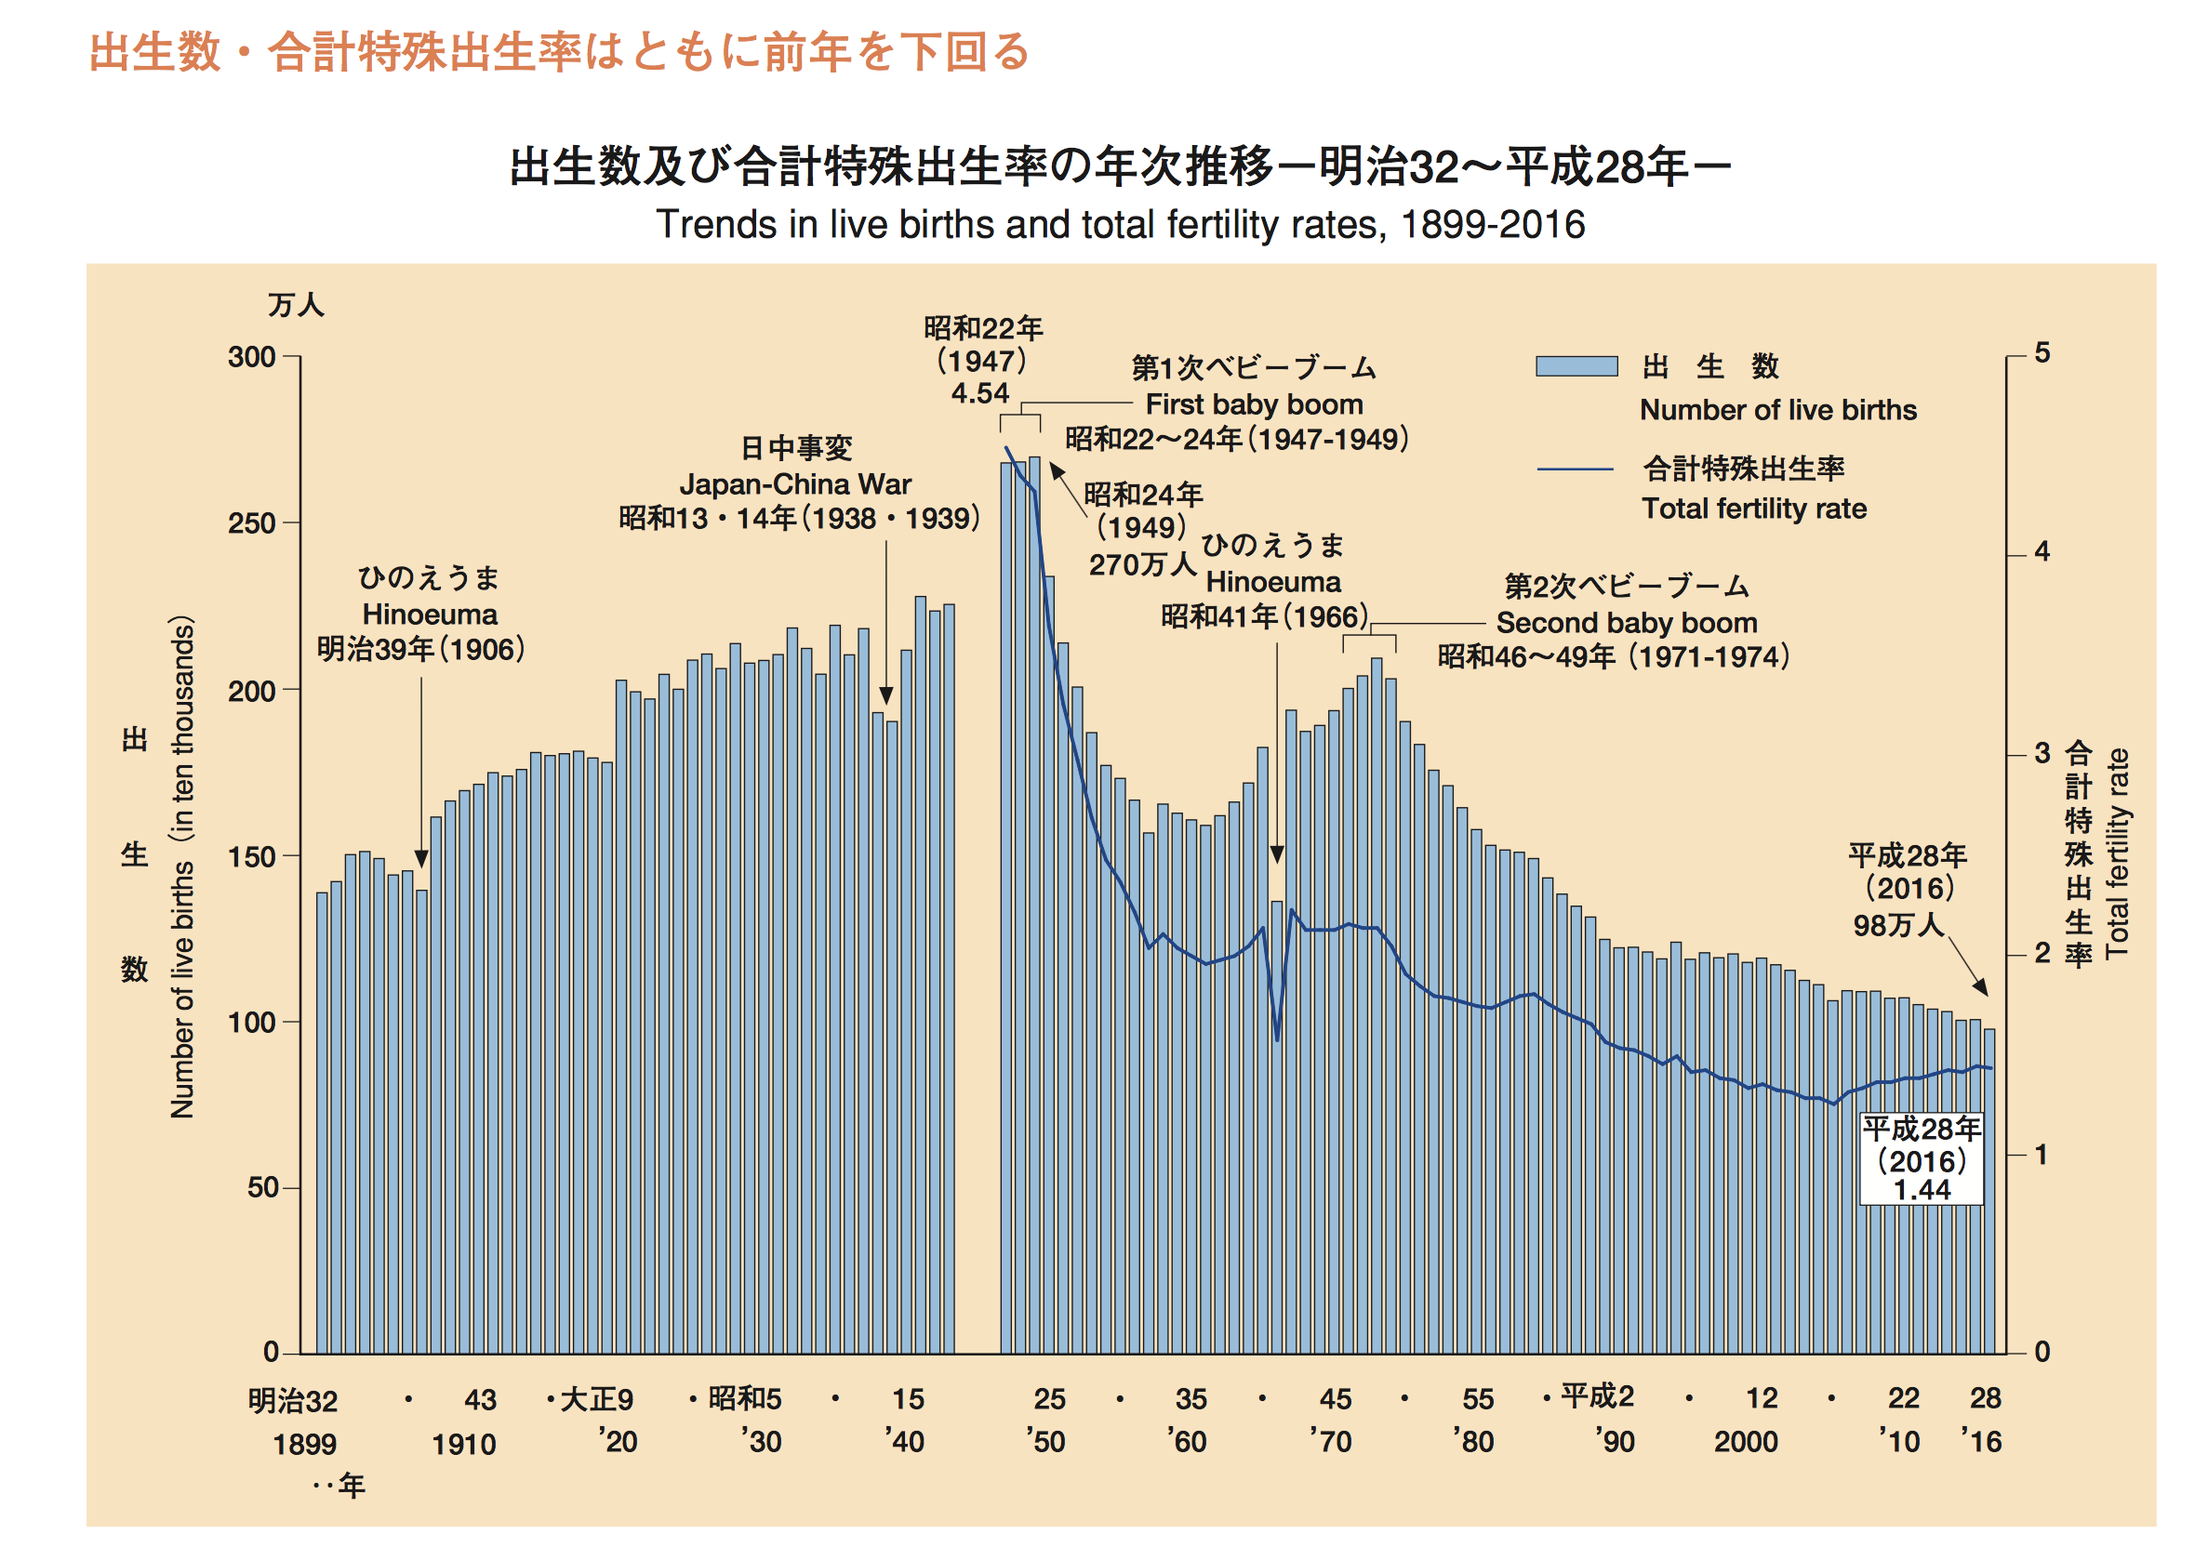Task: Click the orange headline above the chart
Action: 559,52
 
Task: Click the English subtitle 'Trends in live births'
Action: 1120,224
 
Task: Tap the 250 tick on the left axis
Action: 252,524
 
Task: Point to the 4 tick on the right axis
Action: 2042,552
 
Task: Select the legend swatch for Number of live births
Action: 1576,366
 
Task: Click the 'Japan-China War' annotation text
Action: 794,483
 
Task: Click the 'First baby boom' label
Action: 1253,403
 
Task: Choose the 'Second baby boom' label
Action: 1625,623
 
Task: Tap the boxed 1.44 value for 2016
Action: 1921,1189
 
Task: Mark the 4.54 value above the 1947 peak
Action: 979,393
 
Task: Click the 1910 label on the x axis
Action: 463,1444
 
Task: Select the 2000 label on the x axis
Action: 1746,1441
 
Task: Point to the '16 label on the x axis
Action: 1981,1441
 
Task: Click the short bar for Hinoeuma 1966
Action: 1276,1125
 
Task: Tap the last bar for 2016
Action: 1989,1192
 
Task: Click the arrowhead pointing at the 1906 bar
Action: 421,859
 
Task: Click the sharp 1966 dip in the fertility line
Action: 1277,1038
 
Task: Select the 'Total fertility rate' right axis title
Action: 2118,853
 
